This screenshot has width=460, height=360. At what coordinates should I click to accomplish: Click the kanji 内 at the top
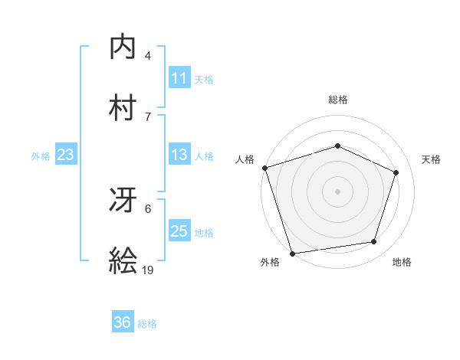pos(123,47)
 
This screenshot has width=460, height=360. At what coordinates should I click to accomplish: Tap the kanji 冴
pos(123,201)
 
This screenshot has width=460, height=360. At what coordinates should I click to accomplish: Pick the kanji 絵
pos(123,260)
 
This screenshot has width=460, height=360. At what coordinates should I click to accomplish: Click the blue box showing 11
pos(179,78)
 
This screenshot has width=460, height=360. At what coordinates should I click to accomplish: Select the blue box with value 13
pos(179,155)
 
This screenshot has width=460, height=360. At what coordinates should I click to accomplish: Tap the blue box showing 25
pos(179,232)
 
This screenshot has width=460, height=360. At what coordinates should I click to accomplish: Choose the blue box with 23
pos(66,155)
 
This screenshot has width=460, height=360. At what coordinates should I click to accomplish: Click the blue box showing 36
pos(123,322)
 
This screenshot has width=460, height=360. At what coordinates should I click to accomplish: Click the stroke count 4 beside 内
pos(148,55)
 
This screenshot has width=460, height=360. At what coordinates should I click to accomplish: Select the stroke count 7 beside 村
pos(148,116)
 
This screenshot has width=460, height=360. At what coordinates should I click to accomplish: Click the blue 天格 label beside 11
pos(204,79)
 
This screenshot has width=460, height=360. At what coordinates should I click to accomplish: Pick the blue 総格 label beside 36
pos(147,323)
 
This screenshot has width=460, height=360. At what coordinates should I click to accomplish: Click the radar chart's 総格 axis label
pos(338,100)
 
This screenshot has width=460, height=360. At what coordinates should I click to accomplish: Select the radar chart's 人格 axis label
pos(245,159)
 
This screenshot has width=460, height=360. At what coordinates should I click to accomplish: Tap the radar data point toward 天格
pos(396,172)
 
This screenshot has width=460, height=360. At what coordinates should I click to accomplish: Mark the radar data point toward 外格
pos(292,253)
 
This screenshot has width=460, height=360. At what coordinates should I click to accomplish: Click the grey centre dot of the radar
pos(338,191)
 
